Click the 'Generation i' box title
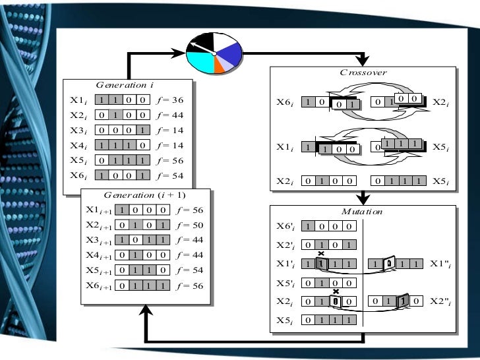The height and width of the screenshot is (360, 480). click(125, 85)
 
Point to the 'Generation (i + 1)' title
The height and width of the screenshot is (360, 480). click(145, 195)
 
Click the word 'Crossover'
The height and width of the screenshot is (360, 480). click(363, 73)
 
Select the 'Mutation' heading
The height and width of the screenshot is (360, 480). click(362, 212)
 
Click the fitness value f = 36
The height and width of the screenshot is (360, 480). click(172, 100)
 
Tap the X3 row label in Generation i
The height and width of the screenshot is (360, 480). click(79, 130)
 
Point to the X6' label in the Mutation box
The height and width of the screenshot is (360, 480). click(285, 225)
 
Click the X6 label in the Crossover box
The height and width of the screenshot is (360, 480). click(285, 103)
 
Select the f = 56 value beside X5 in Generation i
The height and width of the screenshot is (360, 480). click(172, 160)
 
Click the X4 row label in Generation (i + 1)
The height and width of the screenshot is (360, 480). click(99, 255)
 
